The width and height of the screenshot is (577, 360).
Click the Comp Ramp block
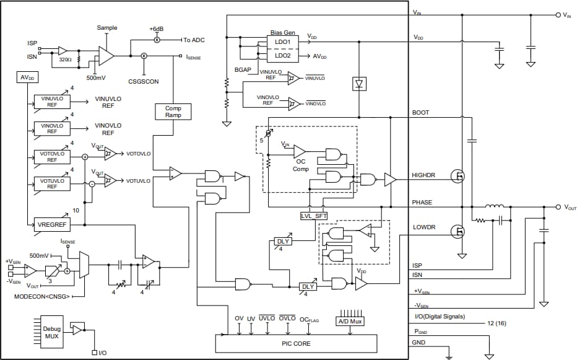[x=173, y=112]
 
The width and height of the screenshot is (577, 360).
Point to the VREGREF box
[x=52, y=224]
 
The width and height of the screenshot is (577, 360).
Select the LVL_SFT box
[x=313, y=215]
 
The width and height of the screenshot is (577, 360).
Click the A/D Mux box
[x=350, y=322]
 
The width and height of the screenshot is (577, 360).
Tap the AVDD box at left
[x=27, y=78]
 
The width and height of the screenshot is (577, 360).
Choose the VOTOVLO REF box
[x=52, y=156]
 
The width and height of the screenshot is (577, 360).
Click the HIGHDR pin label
[x=423, y=175]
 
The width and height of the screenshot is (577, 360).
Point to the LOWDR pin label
[x=423, y=227]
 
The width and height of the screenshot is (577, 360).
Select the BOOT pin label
[x=420, y=113]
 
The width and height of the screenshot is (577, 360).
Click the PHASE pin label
[x=422, y=203]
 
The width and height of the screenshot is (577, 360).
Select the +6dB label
[x=157, y=29]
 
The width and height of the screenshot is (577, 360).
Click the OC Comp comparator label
[x=301, y=165]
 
